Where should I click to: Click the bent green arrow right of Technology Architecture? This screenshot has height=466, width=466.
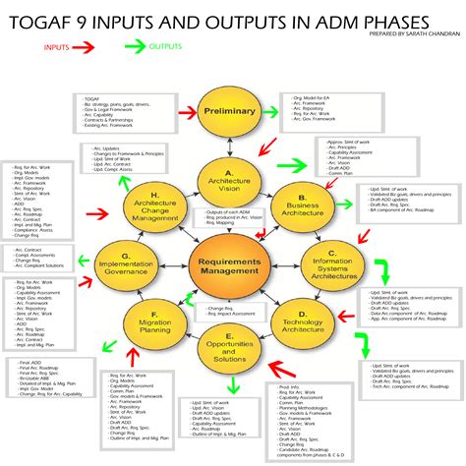[x=364, y=344]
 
